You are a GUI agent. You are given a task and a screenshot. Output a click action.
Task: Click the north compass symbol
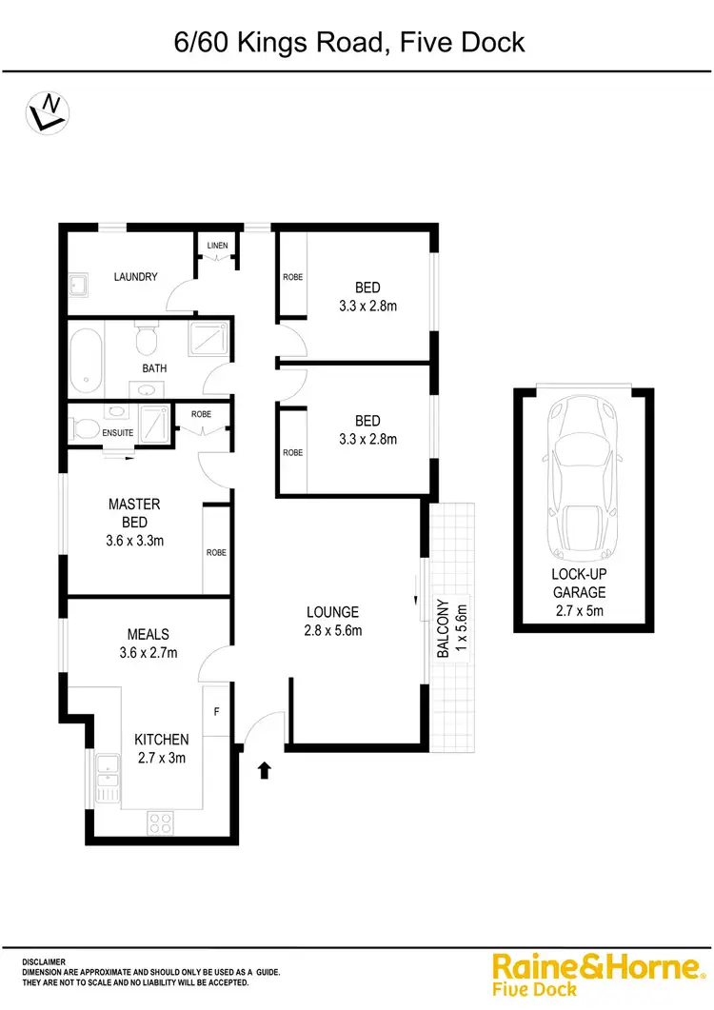[45, 111]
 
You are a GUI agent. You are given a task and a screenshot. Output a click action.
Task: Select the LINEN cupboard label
[217, 247]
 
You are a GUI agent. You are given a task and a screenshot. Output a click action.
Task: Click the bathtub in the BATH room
[86, 361]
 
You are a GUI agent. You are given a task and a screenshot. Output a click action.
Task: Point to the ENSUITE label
[118, 433]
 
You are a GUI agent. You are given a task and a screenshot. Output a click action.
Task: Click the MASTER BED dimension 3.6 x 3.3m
[134, 539]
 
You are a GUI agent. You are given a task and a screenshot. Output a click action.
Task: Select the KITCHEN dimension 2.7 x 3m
[160, 758]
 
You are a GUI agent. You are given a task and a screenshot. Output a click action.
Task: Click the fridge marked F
[216, 710]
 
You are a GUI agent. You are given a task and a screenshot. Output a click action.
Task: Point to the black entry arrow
[266, 768]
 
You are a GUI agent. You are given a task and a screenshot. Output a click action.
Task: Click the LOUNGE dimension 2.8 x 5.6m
[332, 629]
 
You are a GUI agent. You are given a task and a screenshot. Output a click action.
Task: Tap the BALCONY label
[443, 629]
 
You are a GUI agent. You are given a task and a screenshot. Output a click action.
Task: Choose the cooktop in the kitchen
[159, 822]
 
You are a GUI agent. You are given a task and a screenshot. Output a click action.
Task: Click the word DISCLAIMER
[44, 962]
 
